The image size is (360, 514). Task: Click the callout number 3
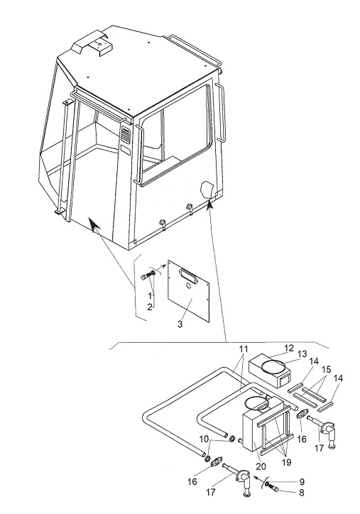point(180,324)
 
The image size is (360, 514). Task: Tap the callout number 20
point(261,466)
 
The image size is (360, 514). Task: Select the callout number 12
point(289,348)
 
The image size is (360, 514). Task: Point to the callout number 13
point(302,354)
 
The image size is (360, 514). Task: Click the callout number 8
point(302,493)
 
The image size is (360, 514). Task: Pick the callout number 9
point(302,481)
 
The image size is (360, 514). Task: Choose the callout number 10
point(204,439)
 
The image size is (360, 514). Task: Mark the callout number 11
point(244,349)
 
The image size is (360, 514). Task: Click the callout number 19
point(286,462)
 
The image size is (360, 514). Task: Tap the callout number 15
point(326,369)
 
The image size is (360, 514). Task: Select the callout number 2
point(150,307)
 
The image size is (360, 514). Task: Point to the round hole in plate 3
point(188,286)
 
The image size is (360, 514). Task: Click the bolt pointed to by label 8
point(273,489)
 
